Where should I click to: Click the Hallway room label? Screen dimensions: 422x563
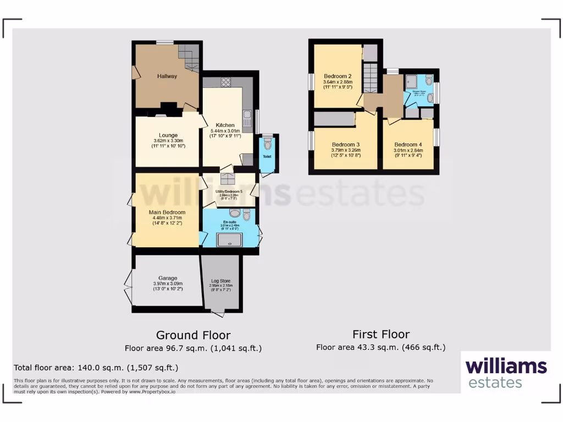167,76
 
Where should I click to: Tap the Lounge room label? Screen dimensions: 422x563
168,135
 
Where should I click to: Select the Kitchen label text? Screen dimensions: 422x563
225,125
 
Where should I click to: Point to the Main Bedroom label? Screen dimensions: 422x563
167,212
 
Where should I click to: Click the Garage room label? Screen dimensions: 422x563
167,278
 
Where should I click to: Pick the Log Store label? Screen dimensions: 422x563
220,281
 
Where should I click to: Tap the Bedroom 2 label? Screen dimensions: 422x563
338,76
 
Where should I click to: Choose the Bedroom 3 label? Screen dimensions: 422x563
345,144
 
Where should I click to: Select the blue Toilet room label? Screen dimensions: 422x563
267,157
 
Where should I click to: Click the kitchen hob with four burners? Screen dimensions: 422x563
225,82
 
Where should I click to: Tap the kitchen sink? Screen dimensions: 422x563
247,117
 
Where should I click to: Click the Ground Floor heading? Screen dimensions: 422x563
193,335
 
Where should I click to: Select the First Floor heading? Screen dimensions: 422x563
381,334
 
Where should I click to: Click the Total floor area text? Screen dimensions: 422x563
96,368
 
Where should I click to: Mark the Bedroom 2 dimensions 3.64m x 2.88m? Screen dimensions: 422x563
338,83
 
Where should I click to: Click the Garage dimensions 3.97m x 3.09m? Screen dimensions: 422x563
167,284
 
